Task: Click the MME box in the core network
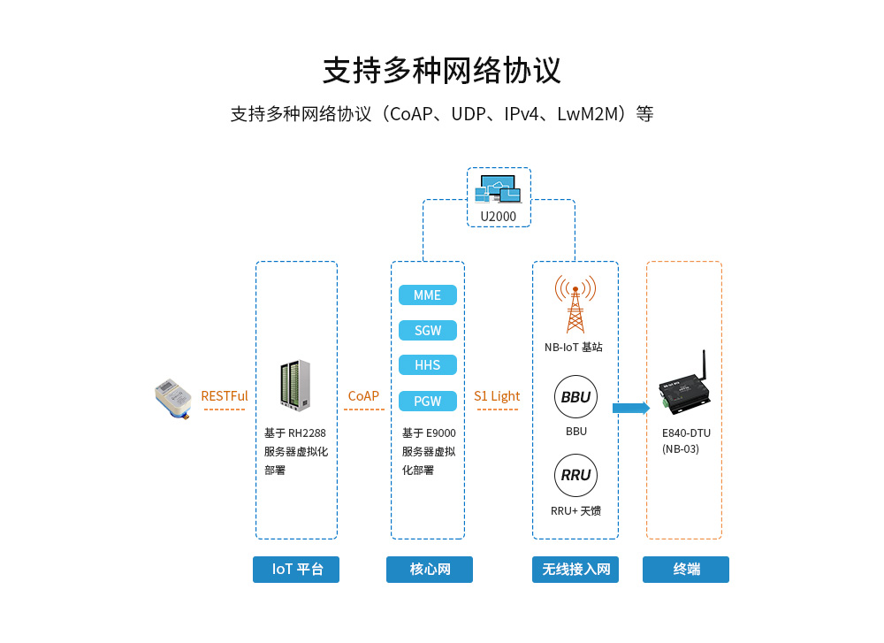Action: click(427, 295)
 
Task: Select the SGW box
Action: click(427, 331)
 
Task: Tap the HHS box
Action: click(427, 365)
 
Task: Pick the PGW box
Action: click(427, 402)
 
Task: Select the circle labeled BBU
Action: click(575, 397)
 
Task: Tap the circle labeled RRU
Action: click(575, 475)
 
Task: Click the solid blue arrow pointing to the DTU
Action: click(630, 408)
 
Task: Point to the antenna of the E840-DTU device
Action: click(705, 365)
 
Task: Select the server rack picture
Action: click(295, 386)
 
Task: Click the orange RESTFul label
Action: click(225, 396)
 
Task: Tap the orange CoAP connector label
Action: click(363, 396)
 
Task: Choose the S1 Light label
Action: click(497, 396)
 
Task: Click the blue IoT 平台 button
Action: click(296, 570)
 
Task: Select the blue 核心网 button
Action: click(430, 570)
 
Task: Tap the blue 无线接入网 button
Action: click(575, 570)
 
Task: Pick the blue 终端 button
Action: click(686, 570)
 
